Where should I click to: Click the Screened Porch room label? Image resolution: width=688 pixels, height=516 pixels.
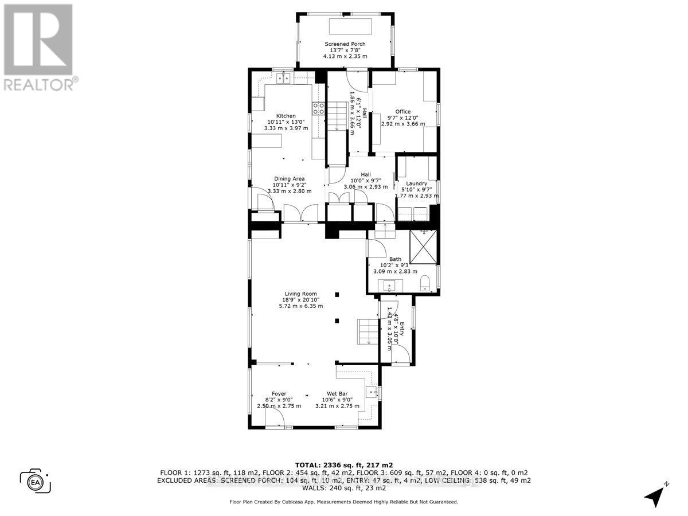click(x=345, y=44)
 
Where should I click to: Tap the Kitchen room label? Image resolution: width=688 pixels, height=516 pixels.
click(x=286, y=116)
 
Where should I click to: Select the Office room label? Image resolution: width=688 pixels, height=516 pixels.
click(x=403, y=112)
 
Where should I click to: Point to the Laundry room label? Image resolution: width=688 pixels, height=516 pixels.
click(x=417, y=183)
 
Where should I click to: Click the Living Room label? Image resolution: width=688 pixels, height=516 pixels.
click(x=300, y=294)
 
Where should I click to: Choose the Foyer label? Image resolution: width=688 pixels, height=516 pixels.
click(x=279, y=394)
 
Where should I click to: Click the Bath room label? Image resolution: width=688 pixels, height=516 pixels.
click(x=395, y=259)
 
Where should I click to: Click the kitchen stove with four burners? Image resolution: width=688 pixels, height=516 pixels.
click(x=318, y=108)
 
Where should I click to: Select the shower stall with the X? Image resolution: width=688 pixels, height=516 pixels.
click(x=423, y=246)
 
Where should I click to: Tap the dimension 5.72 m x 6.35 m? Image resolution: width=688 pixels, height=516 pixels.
click(x=300, y=306)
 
